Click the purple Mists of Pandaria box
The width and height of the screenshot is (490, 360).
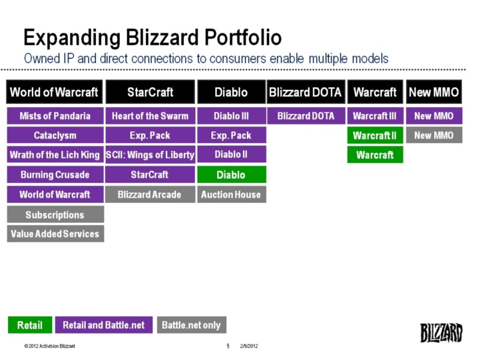coord(55,116)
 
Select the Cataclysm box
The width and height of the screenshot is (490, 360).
coord(55,136)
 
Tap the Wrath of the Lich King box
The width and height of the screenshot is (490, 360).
coord(55,155)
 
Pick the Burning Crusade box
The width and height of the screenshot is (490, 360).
coord(55,175)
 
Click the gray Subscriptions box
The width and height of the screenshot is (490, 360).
coord(55,214)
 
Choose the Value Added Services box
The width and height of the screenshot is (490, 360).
coord(55,234)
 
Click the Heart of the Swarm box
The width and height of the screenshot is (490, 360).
coord(150,116)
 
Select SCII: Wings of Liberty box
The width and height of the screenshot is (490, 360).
coord(150,155)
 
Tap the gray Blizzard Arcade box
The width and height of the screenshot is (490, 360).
coord(150,194)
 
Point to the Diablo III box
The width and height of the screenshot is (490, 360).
coord(231,116)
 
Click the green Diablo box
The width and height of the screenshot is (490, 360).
coord(231,175)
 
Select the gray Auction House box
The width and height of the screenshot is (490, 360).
coord(231,194)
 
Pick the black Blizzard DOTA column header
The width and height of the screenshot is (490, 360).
coord(306,92)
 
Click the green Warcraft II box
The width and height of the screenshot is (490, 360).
coord(374,136)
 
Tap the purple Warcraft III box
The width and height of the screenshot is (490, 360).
coord(374,116)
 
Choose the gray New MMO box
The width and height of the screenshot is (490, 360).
coord(434,136)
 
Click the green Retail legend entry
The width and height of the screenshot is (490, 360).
coord(29,325)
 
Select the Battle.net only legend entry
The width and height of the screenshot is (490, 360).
coord(191,325)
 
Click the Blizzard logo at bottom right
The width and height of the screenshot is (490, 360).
coord(441,332)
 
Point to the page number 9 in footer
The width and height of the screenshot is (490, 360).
coord(228,347)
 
